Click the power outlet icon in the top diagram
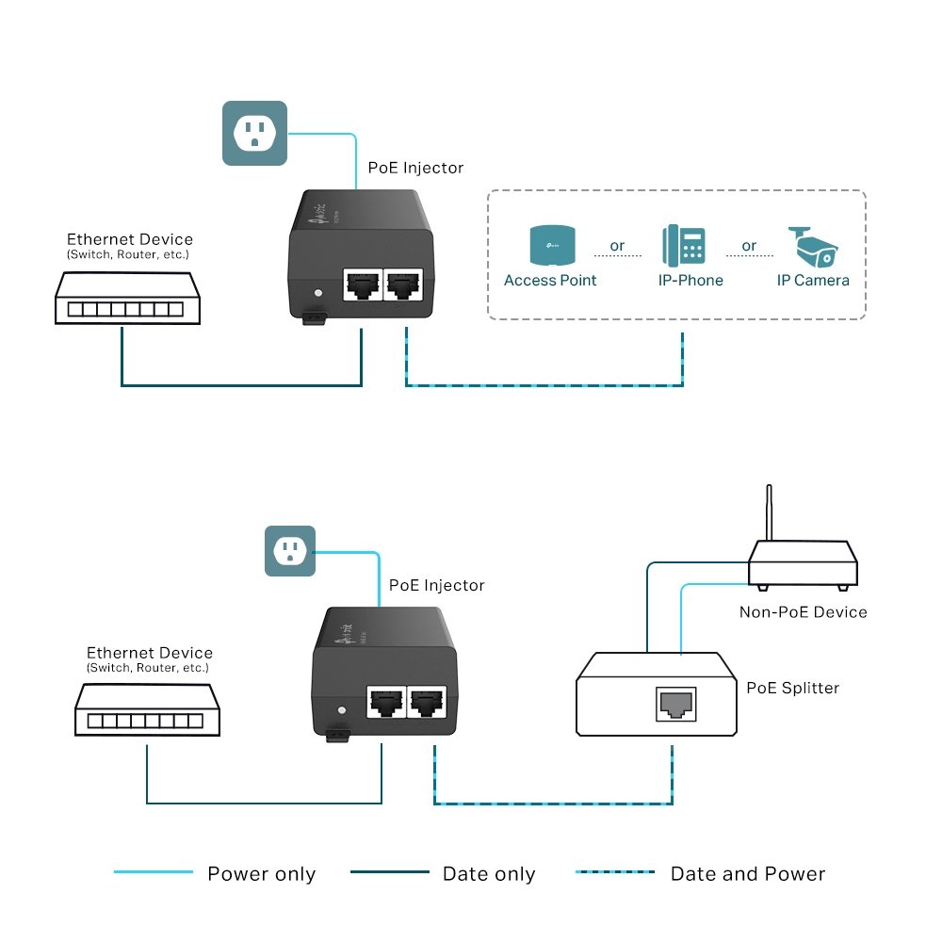tap(253, 134)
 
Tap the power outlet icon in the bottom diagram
tap(288, 551)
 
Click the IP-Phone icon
tap(684, 245)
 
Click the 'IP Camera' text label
tap(813, 280)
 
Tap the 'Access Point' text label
tap(550, 280)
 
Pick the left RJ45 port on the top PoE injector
tap(362, 283)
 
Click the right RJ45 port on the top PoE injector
tap(402, 283)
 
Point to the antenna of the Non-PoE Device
tap(770, 513)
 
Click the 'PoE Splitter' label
tap(792, 688)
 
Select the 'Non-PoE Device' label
tap(803, 612)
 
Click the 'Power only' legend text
tap(261, 874)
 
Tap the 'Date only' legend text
tap(489, 874)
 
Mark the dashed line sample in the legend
tap(614, 872)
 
